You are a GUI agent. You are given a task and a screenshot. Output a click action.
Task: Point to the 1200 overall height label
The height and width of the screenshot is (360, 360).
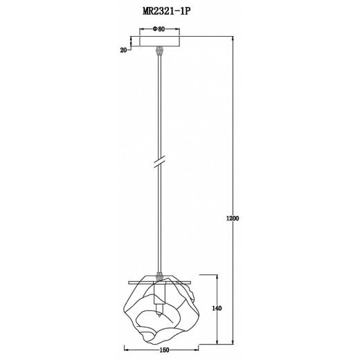(233, 218)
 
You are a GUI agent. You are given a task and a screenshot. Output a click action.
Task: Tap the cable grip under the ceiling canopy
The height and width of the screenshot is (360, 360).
(160, 51)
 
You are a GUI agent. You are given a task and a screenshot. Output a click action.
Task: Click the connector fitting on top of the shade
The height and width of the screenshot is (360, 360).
(160, 276)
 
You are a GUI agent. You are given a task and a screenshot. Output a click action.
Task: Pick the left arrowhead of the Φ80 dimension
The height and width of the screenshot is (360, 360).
(142, 33)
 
